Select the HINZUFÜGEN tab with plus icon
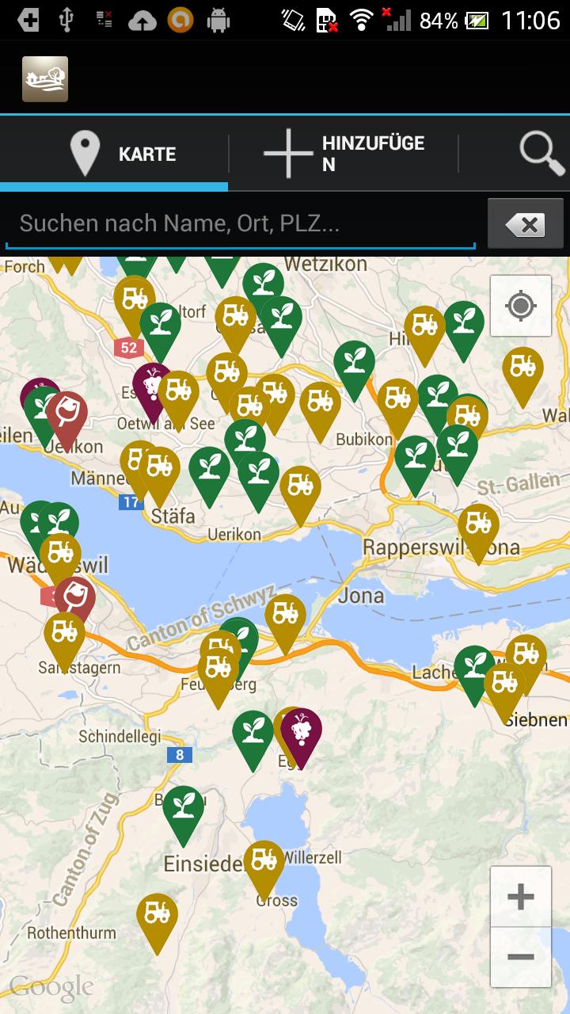[x=344, y=154]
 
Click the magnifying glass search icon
[x=541, y=153]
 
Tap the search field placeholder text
[x=180, y=223]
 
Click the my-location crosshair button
[x=520, y=306]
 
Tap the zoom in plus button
[x=520, y=897]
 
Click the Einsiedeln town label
[x=203, y=863]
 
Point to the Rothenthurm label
[x=71, y=933]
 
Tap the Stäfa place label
[x=173, y=516]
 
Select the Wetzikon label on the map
[x=325, y=264]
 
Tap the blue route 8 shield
[x=180, y=754]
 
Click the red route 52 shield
[x=128, y=347]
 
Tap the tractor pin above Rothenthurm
[x=157, y=915]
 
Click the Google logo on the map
[x=51, y=987]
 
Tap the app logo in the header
[x=45, y=79]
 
